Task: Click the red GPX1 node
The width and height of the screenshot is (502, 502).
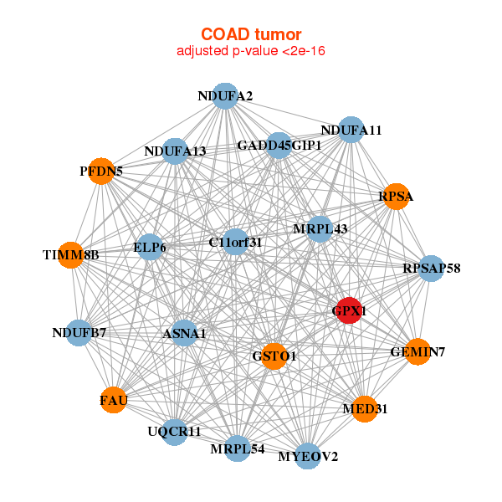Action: coord(349,310)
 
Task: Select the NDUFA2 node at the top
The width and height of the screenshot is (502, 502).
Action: coord(225,96)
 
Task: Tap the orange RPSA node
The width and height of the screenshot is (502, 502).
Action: coord(397,197)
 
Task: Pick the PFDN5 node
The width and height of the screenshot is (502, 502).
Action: coord(101,172)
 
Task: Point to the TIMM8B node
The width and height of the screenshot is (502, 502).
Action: coord(71,255)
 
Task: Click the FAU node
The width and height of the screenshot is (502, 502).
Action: coord(113,400)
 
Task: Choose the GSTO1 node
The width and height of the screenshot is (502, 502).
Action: coord(274,356)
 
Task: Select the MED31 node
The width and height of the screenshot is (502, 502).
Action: coord(365,409)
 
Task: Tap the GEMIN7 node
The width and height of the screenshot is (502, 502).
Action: coord(417,352)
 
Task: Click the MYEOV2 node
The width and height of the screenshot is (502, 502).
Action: coord(308,456)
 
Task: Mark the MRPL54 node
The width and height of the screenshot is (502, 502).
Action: coord(238,448)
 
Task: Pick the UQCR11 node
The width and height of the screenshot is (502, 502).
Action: coord(174,432)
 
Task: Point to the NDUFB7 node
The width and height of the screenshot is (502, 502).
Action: coord(79,333)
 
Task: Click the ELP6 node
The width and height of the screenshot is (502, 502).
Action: coord(150,247)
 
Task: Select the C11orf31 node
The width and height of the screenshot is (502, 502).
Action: coord(235,242)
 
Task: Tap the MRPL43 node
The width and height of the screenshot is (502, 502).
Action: coord(320,229)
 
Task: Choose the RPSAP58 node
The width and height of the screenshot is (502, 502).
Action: coord(431,269)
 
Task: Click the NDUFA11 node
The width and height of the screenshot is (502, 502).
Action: coord(351,130)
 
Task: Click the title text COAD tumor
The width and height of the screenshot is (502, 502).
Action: coord(251,34)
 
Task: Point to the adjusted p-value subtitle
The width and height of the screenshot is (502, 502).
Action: coord(251,51)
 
